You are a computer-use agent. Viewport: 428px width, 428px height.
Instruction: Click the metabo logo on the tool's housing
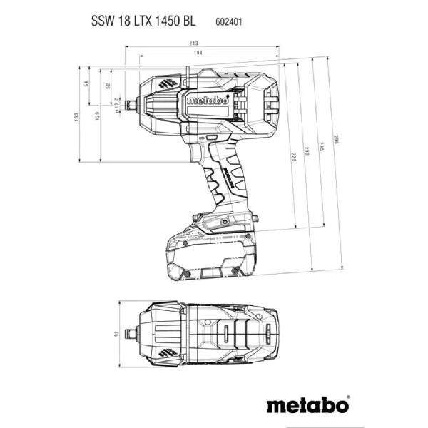(206, 101)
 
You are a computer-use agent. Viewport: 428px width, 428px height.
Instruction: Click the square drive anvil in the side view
(133, 106)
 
